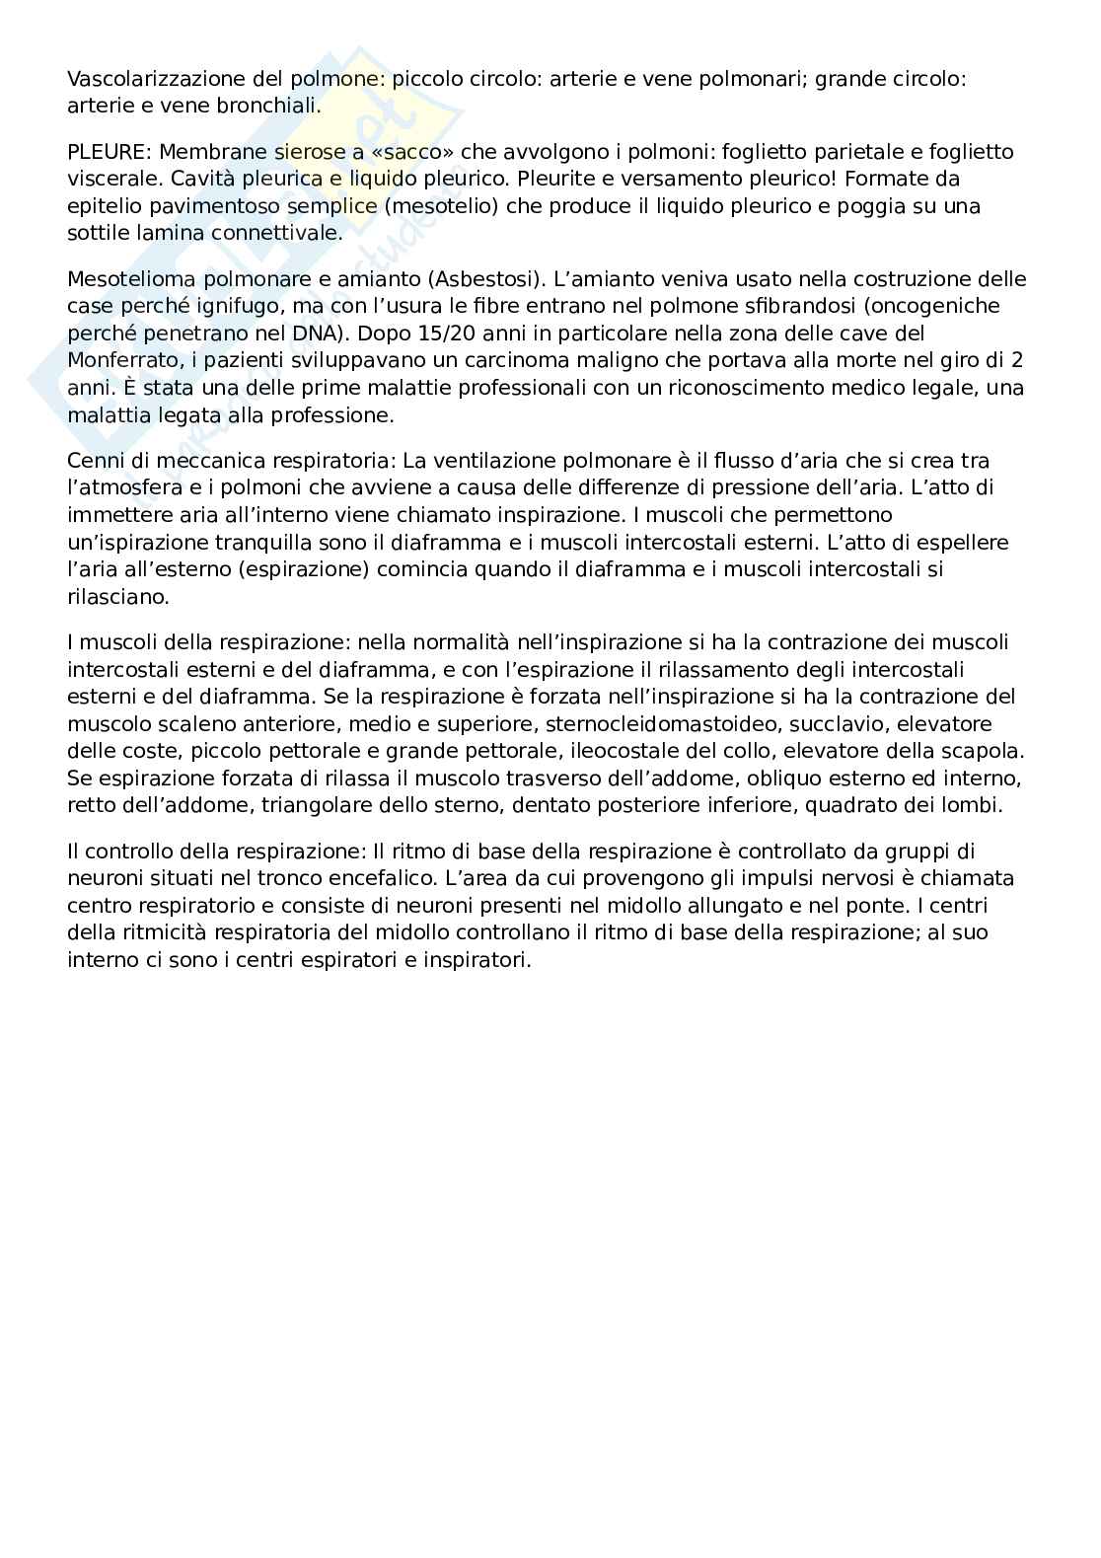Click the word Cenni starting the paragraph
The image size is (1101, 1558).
point(96,461)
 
